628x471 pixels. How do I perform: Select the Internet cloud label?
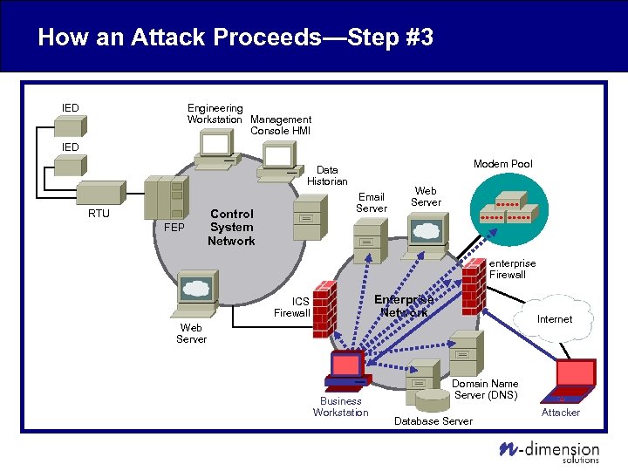[555, 319]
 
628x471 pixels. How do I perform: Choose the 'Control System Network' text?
[231, 227]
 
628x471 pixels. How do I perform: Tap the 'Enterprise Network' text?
[403, 305]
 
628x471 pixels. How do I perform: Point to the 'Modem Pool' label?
[502, 164]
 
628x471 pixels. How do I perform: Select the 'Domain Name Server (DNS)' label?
[486, 389]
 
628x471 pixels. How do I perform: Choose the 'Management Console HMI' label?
[280, 125]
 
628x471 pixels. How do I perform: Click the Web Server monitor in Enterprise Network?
[426, 231]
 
